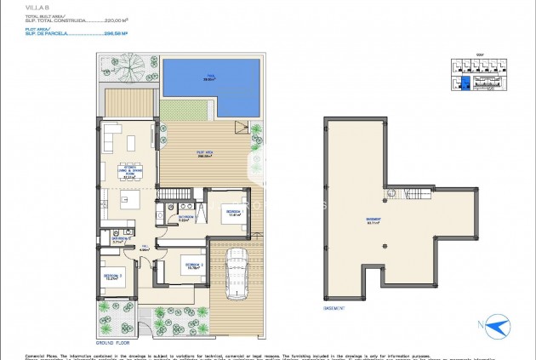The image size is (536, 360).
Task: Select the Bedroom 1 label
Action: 232,212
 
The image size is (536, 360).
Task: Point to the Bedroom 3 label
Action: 113,277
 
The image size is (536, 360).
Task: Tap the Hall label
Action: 145,248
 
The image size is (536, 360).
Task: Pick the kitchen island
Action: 129,201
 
